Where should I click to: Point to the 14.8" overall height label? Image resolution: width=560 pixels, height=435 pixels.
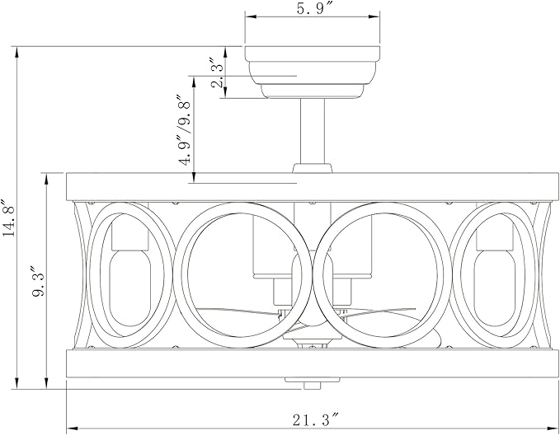8,217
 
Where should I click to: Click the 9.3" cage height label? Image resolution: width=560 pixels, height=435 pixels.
37,280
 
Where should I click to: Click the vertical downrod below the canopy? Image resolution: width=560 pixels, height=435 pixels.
312,131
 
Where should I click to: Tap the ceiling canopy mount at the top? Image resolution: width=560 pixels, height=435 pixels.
312,72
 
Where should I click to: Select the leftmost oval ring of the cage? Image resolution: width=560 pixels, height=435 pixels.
131,275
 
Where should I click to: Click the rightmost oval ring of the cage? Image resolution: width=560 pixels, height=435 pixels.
494,275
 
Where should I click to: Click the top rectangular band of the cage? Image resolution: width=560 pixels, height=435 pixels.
312,187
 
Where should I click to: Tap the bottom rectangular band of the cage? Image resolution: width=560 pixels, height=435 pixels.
312,363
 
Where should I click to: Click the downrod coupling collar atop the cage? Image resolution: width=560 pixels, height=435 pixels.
312,168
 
